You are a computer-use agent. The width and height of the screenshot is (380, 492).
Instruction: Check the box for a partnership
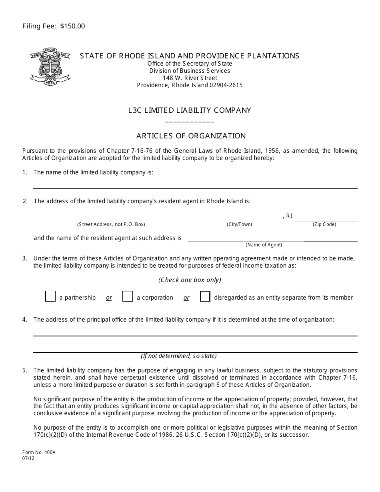(x=50, y=296)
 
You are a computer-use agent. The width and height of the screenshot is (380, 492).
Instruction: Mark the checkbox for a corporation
(x=128, y=296)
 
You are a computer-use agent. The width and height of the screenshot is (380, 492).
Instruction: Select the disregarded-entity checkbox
(x=205, y=296)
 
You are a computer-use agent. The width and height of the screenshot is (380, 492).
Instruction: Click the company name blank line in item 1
(x=195, y=185)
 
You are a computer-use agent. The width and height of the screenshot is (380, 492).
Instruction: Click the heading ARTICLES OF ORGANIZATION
(x=191, y=136)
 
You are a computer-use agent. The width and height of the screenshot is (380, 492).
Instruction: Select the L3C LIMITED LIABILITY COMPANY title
(x=190, y=110)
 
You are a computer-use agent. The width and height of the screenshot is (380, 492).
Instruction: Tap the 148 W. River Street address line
(x=190, y=78)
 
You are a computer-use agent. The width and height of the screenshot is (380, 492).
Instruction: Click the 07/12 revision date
(x=28, y=459)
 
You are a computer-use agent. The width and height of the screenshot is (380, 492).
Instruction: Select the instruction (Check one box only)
(x=190, y=280)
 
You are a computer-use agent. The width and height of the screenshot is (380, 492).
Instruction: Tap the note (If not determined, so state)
(x=178, y=356)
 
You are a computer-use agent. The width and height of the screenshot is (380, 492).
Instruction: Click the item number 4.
(x=25, y=320)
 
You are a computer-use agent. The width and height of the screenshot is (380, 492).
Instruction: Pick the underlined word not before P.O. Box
(x=118, y=224)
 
